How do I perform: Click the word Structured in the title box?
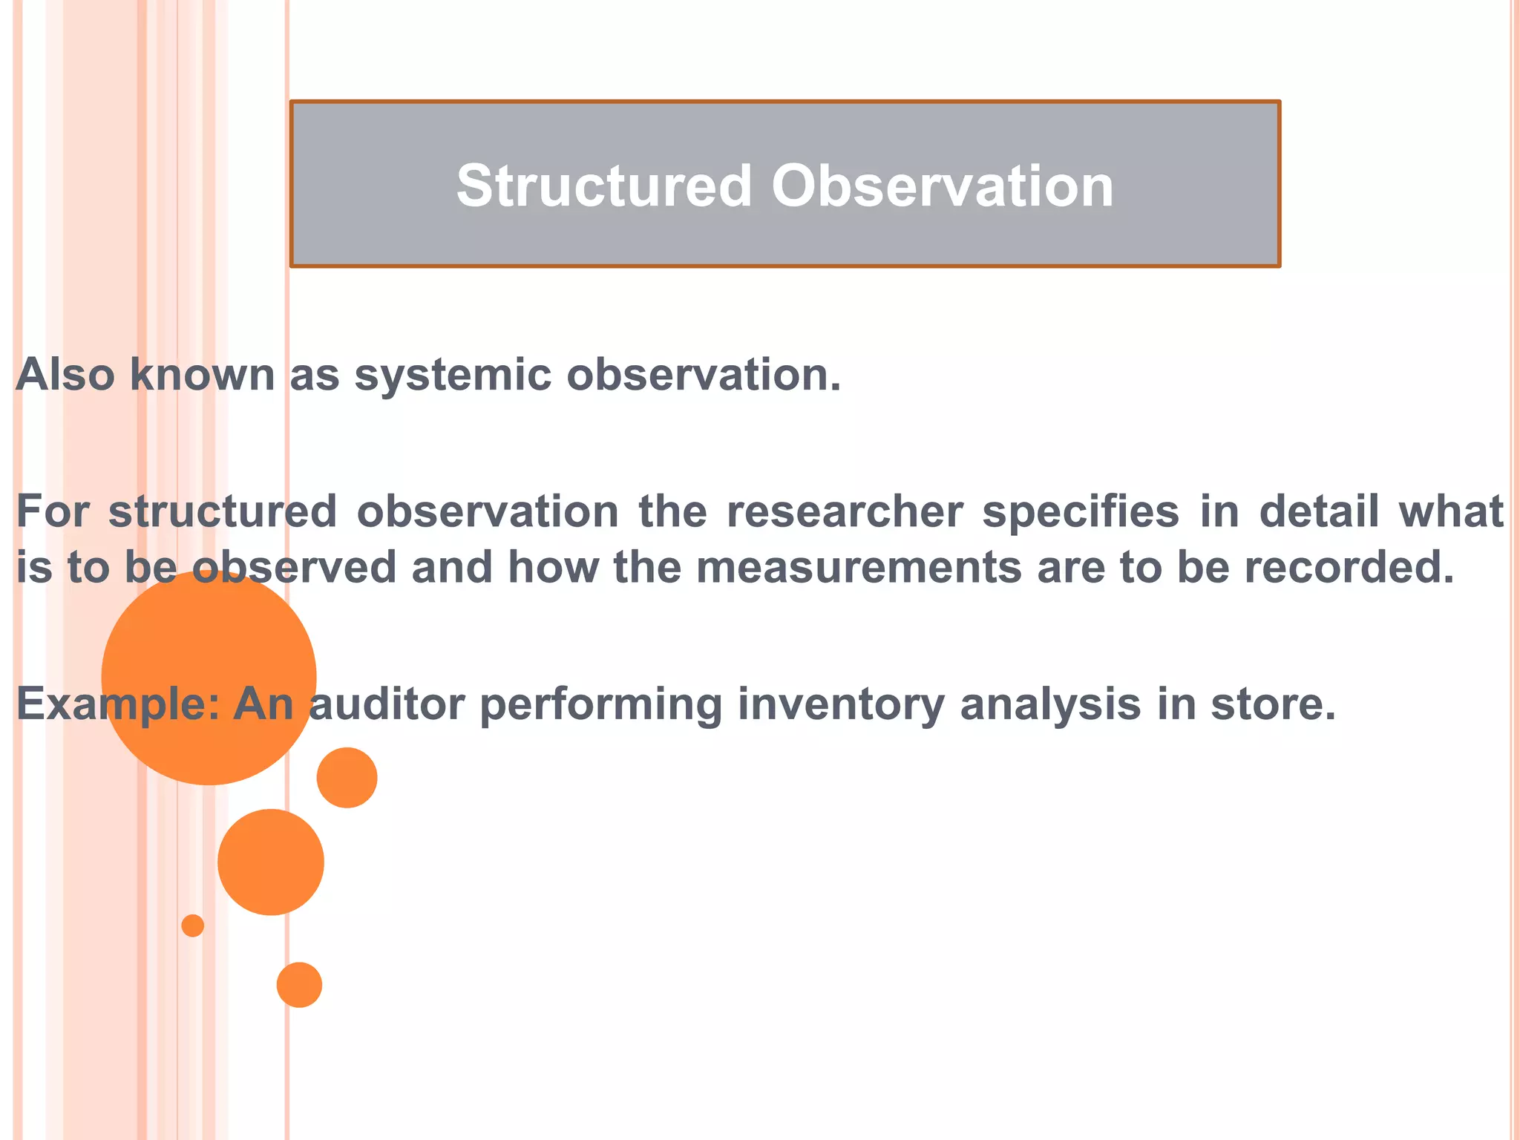tap(604, 186)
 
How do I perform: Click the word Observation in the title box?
tap(942, 186)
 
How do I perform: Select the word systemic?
tap(453, 374)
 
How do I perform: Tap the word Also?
tap(65, 374)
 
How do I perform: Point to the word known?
tap(202, 374)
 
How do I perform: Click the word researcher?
tap(845, 511)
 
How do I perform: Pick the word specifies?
tap(1081, 511)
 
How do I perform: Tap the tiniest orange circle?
tap(193, 926)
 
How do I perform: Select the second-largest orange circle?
tap(271, 862)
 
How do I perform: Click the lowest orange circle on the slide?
tap(299, 985)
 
